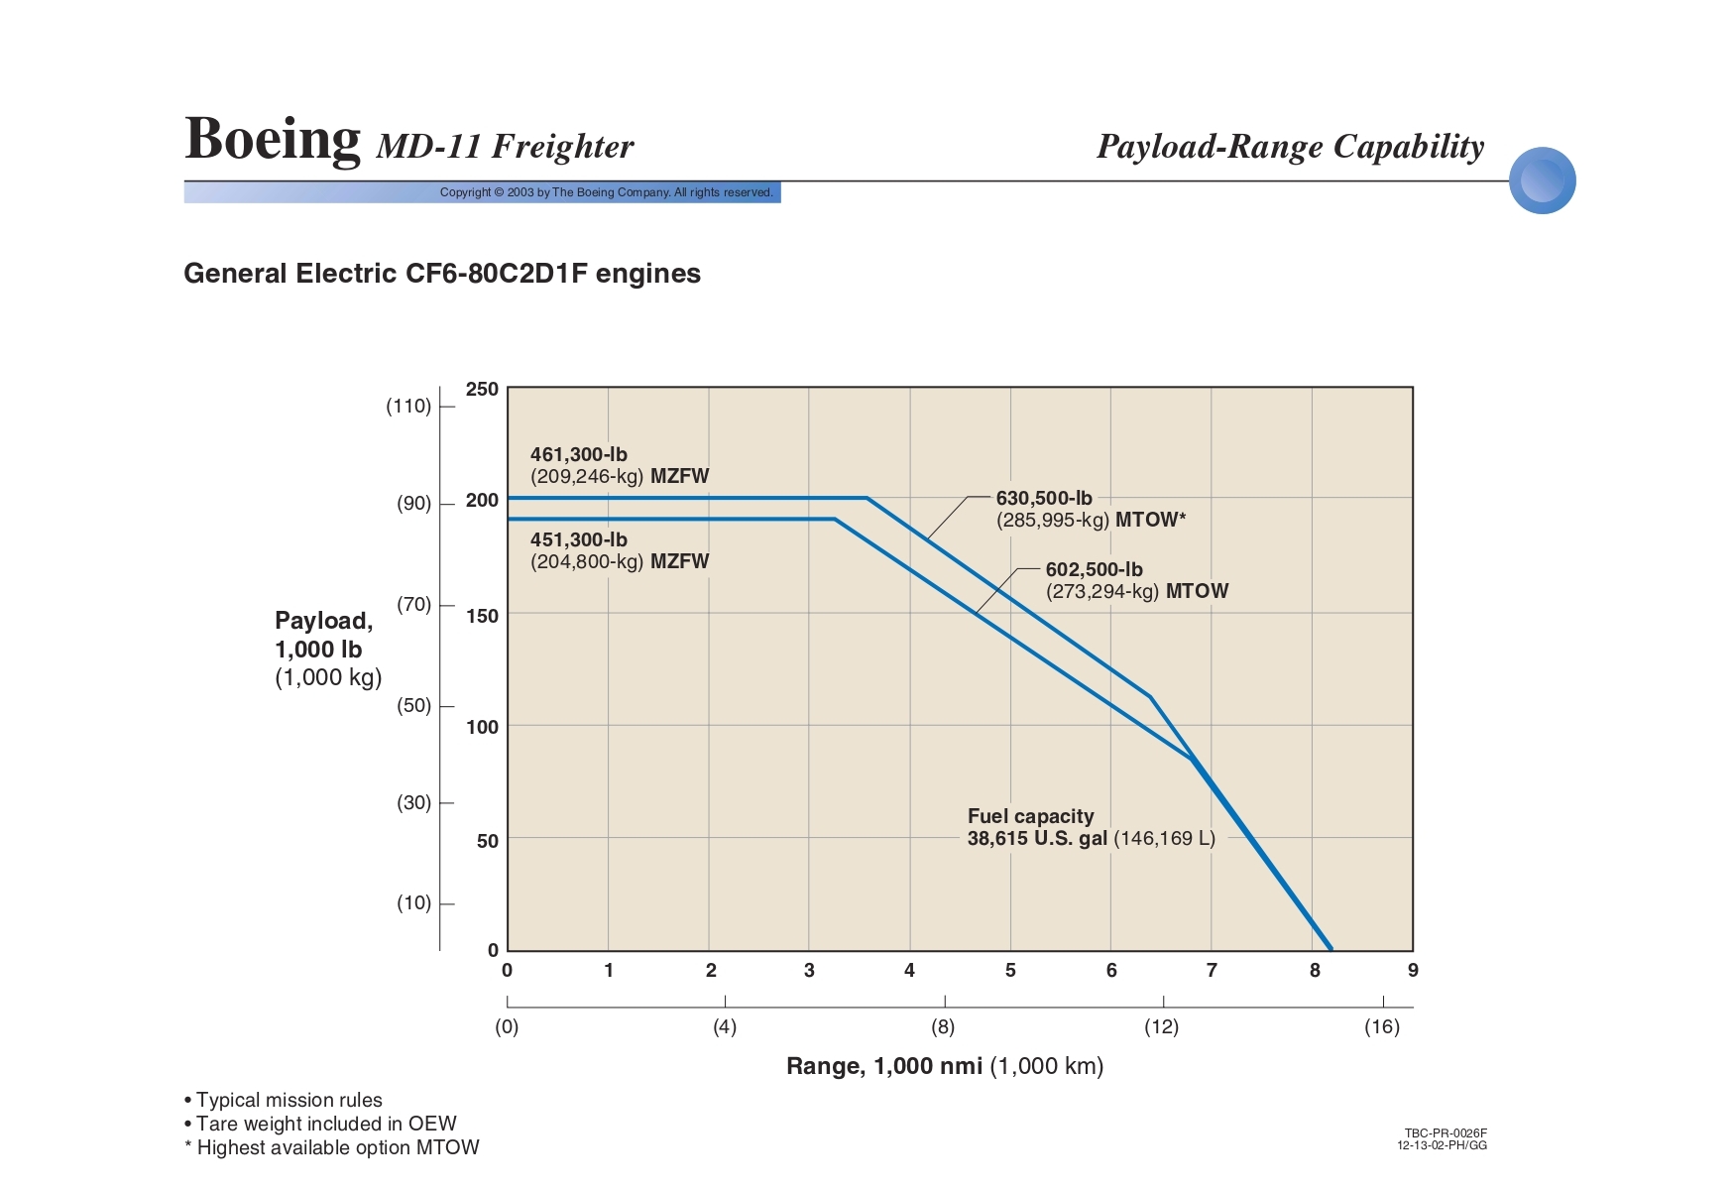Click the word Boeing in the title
tap(273, 139)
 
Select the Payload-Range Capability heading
tap(1290, 147)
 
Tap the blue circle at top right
tap(1542, 180)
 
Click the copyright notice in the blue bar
tap(606, 192)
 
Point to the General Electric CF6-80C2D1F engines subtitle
tap(442, 274)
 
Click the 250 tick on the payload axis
tap(482, 389)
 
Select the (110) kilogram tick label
tap(408, 406)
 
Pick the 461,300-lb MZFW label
tap(620, 465)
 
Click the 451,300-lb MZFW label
tap(620, 550)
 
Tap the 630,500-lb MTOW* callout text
tap(1091, 509)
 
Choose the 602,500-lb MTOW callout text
tap(1136, 580)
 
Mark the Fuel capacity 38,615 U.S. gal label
tap(1091, 827)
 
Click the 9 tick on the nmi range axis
tap(1413, 970)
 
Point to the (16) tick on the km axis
tap(1382, 1026)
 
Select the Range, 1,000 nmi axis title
tap(944, 1066)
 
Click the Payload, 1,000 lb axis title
tap(327, 649)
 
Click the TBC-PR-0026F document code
tap(1446, 1132)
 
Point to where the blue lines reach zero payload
tap(1330, 949)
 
